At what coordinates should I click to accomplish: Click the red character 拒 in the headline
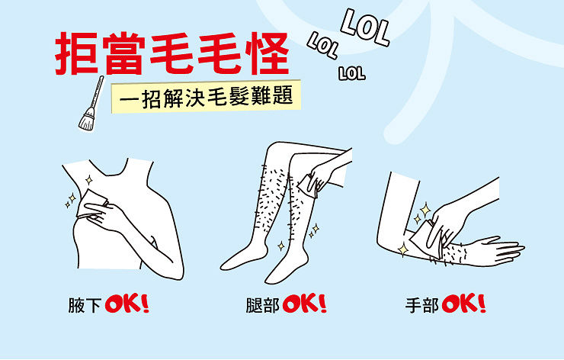click(76, 53)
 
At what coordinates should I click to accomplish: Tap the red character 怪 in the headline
click(267, 53)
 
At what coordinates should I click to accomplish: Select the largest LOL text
click(365, 27)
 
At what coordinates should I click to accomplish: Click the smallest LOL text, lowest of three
click(352, 73)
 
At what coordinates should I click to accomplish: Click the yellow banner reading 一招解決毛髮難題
click(206, 96)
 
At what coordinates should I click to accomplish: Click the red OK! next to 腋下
click(127, 304)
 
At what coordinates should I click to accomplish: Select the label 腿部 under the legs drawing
click(263, 305)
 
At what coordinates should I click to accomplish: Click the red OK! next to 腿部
click(305, 304)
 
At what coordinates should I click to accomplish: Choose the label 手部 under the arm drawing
click(422, 305)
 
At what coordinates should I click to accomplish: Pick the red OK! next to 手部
click(464, 304)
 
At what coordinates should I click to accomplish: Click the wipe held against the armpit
click(90, 204)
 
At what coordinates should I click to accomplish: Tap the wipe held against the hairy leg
click(308, 186)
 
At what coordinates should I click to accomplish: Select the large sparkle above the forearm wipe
click(425, 210)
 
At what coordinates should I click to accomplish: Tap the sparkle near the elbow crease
click(403, 249)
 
